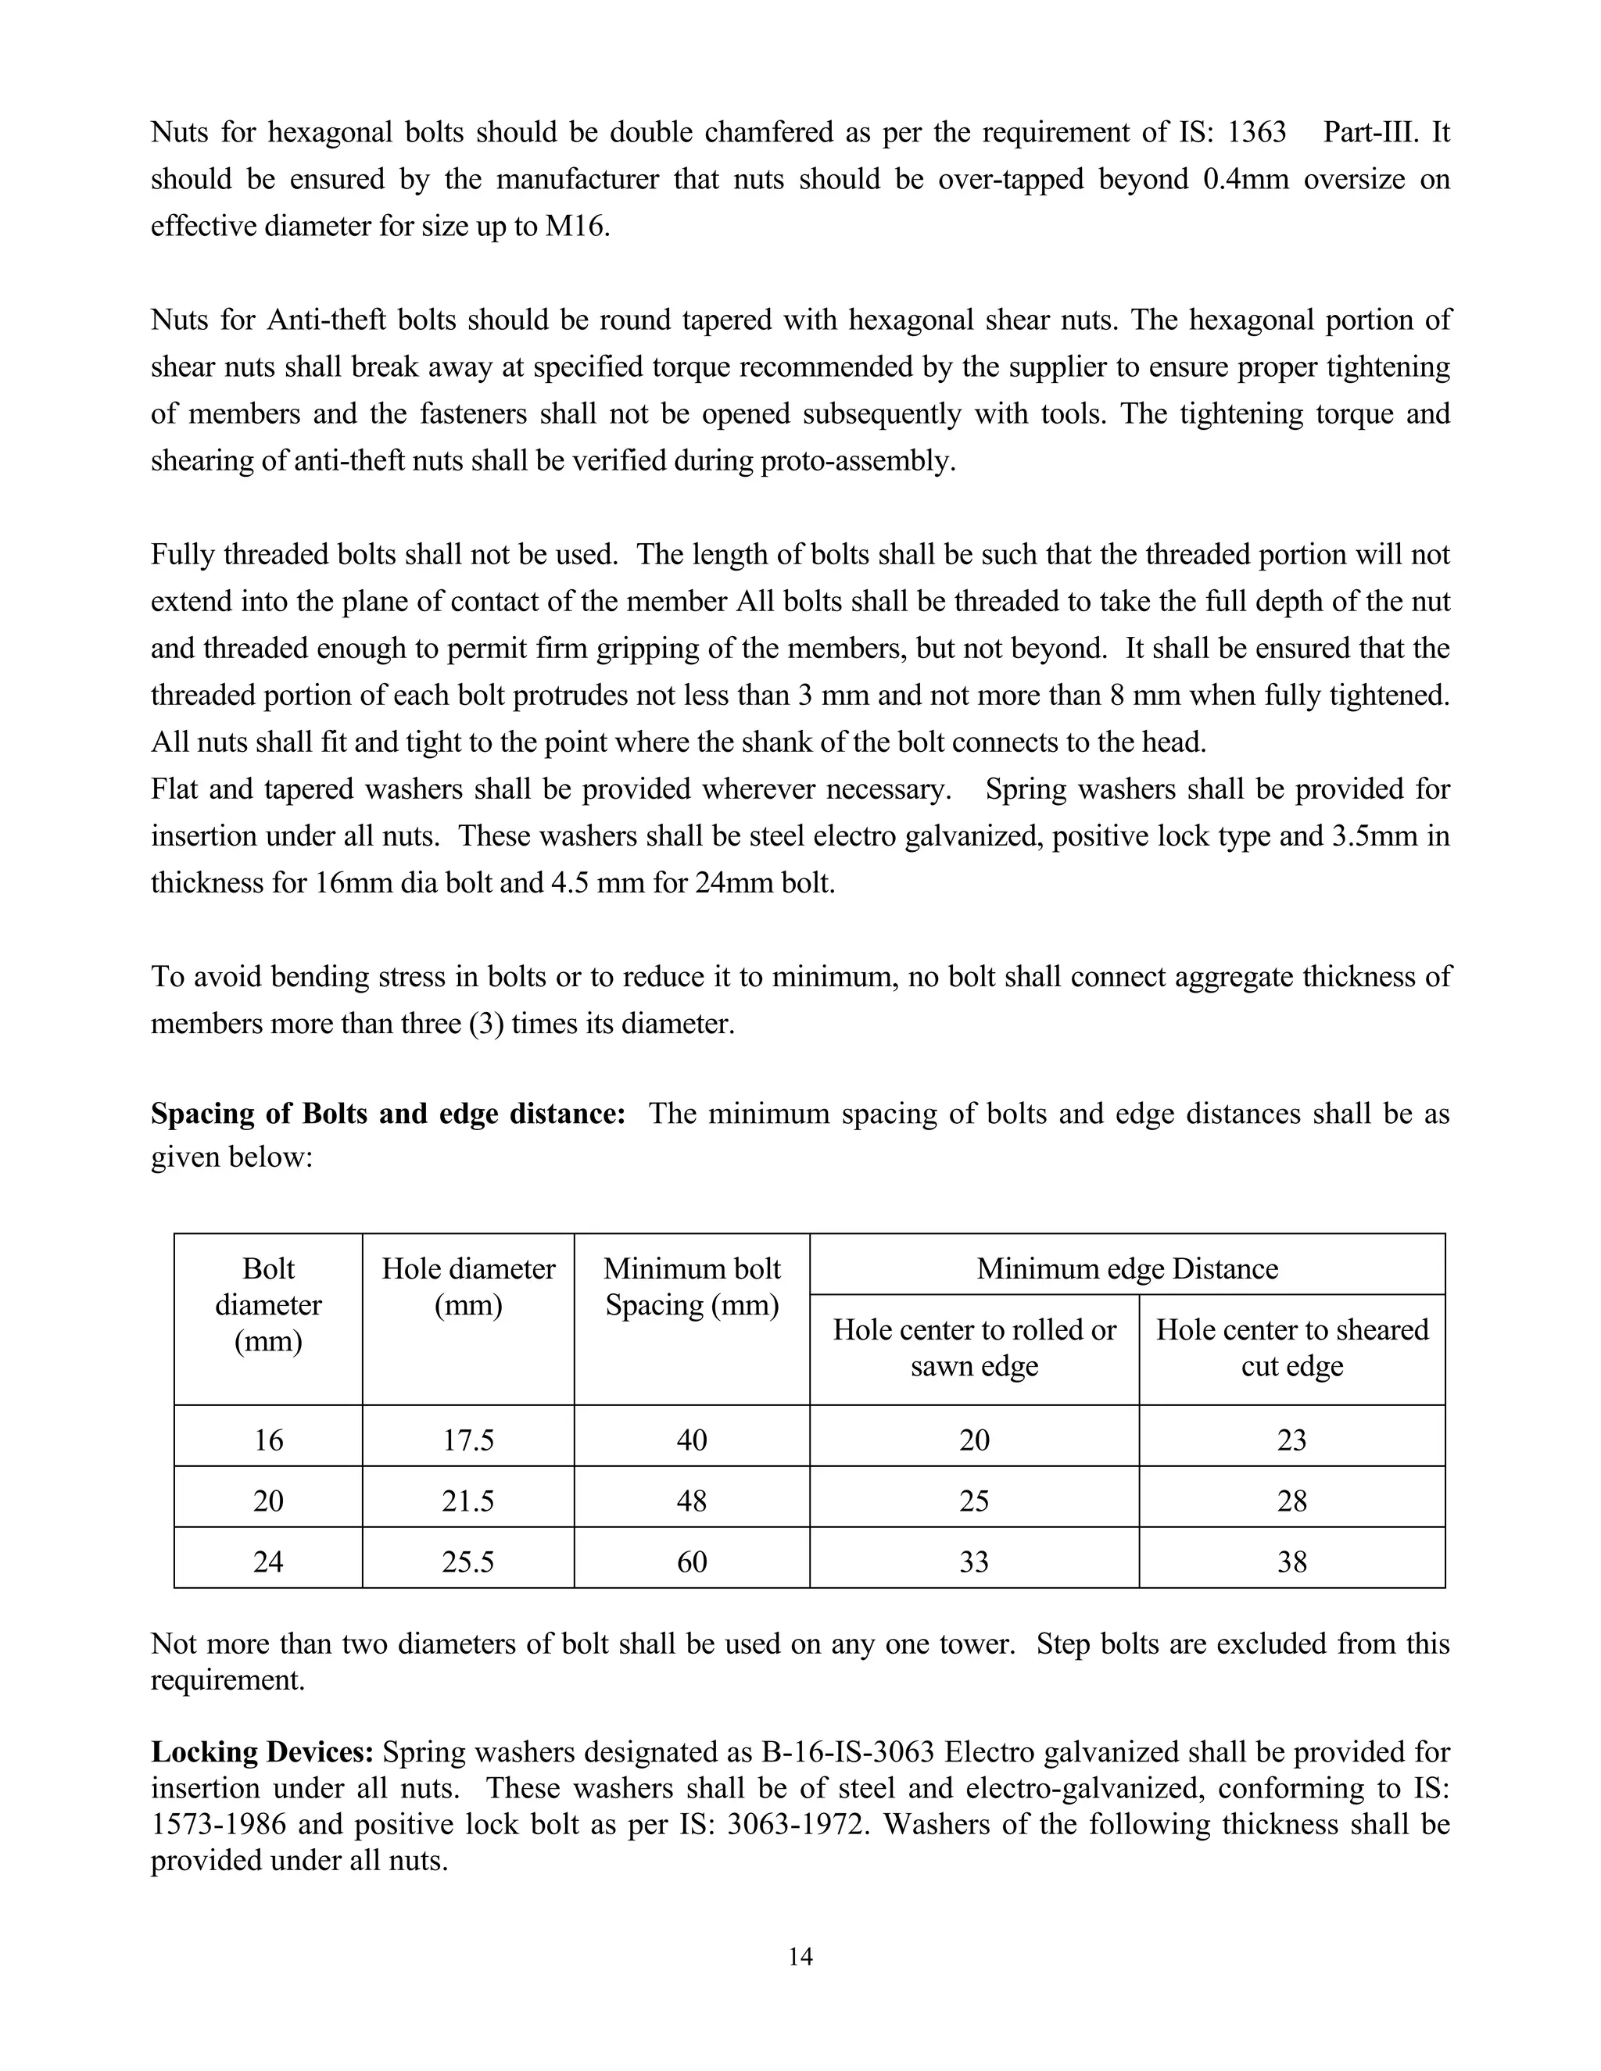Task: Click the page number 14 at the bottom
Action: pos(800,1956)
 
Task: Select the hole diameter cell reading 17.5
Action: pos(467,1440)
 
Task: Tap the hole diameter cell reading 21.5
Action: pos(467,1501)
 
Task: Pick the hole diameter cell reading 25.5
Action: pos(467,1561)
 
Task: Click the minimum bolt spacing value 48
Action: pos(691,1501)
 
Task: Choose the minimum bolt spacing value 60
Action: pos(691,1561)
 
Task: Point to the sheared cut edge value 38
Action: pos(1291,1561)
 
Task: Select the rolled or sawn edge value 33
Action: pos(974,1561)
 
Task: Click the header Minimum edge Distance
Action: pos(1126,1268)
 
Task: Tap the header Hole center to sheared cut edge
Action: pos(1291,1347)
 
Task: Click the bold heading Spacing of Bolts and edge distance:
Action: pos(388,1113)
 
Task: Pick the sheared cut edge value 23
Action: pos(1291,1440)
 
